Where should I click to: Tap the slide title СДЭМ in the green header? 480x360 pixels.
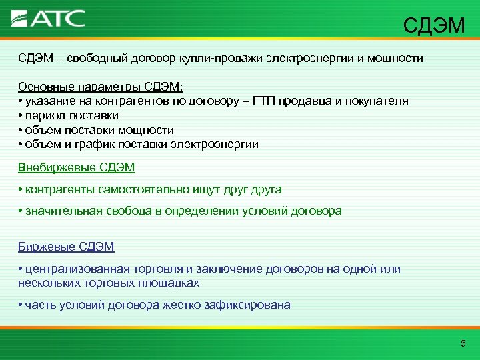(434, 26)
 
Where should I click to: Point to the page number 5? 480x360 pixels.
(463, 343)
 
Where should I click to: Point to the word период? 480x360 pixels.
(47, 116)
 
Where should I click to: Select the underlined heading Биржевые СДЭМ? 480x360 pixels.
(66, 247)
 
